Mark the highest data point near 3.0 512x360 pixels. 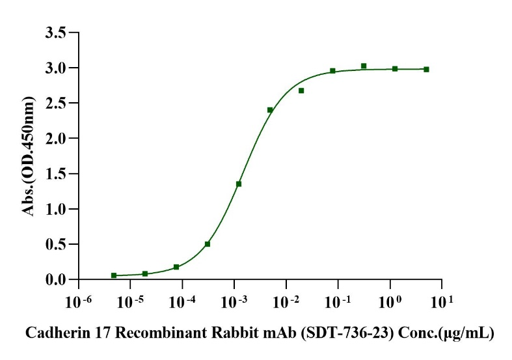tap(364, 66)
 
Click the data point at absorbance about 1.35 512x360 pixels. tap(239, 184)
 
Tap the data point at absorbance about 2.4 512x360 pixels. tap(270, 110)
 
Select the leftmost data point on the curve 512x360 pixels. tap(114, 275)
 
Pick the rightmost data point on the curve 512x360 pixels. tap(426, 69)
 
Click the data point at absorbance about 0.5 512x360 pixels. tap(208, 244)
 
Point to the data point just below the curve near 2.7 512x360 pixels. tap(301, 90)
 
